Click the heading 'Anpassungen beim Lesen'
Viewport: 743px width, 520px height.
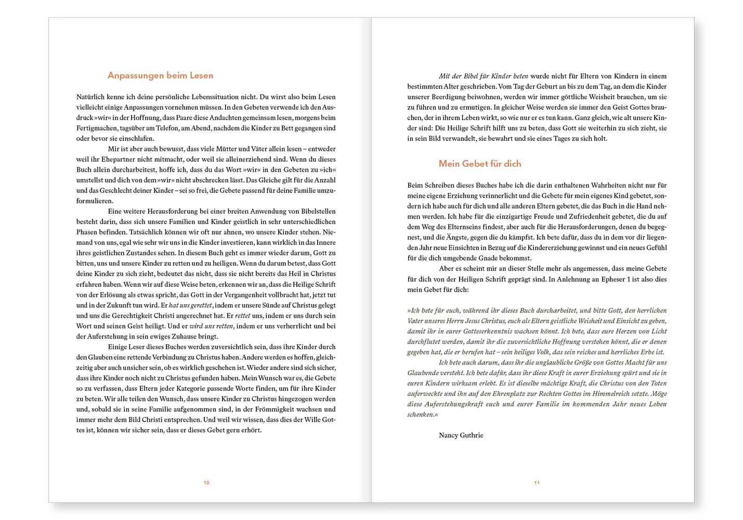pos(160,75)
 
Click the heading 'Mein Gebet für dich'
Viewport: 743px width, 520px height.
pos(479,164)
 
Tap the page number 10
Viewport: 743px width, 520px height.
pos(206,483)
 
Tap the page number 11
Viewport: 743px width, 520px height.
pos(537,483)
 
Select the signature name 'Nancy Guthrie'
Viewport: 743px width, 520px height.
pos(461,435)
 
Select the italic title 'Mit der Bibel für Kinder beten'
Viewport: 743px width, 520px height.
pos(483,76)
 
